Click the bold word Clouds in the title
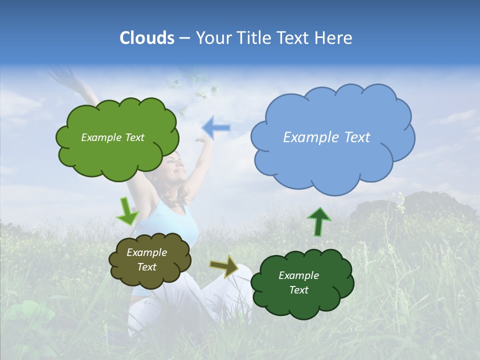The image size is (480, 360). click(147, 38)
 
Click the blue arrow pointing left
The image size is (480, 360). click(216, 128)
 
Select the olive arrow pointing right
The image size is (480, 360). click(224, 266)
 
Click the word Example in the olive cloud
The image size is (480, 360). click(146, 252)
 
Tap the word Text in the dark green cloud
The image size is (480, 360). click(298, 290)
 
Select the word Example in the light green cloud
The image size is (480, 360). click(99, 137)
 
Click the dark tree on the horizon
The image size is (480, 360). click(410, 210)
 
